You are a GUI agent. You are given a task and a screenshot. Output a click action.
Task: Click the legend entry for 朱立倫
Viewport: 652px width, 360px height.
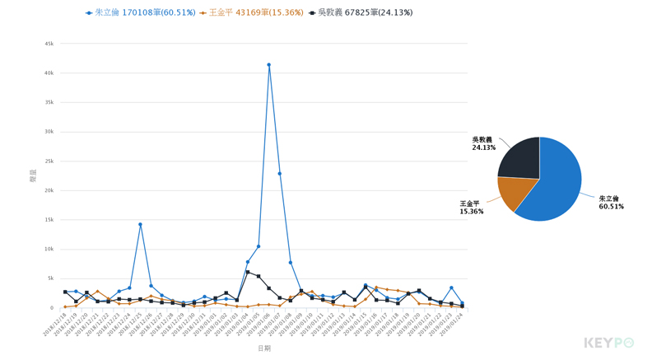pyautogui.click(x=141, y=13)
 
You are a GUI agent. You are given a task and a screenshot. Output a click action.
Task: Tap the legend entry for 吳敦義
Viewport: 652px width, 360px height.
pyautogui.click(x=360, y=13)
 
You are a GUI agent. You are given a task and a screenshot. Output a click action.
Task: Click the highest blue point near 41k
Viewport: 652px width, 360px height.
pyautogui.click(x=268, y=65)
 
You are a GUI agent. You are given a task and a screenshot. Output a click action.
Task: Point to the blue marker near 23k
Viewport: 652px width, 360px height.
pyautogui.click(x=280, y=174)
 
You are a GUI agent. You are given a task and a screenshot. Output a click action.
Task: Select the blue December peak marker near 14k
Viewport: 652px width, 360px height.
pyautogui.click(x=140, y=224)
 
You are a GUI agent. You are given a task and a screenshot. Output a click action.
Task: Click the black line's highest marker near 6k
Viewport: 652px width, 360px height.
pyautogui.click(x=248, y=272)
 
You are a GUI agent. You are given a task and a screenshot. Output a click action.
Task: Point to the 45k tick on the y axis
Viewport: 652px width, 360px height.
pyautogui.click(x=49, y=44)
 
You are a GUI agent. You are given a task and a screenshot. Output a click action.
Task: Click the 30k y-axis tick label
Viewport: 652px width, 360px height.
pyautogui.click(x=49, y=132)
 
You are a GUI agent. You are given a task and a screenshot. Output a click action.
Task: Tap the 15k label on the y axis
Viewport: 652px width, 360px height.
pyautogui.click(x=49, y=220)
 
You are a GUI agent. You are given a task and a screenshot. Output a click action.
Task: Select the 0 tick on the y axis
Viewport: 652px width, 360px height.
pyautogui.click(x=52, y=308)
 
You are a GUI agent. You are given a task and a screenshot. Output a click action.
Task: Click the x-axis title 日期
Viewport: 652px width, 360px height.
pyautogui.click(x=263, y=348)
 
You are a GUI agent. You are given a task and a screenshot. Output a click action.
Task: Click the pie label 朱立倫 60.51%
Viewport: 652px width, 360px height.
pyautogui.click(x=611, y=203)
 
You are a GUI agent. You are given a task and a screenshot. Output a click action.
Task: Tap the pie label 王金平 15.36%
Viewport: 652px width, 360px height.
pyautogui.click(x=472, y=208)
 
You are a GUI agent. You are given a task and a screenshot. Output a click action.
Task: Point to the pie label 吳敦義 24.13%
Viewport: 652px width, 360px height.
pyautogui.click(x=483, y=143)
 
